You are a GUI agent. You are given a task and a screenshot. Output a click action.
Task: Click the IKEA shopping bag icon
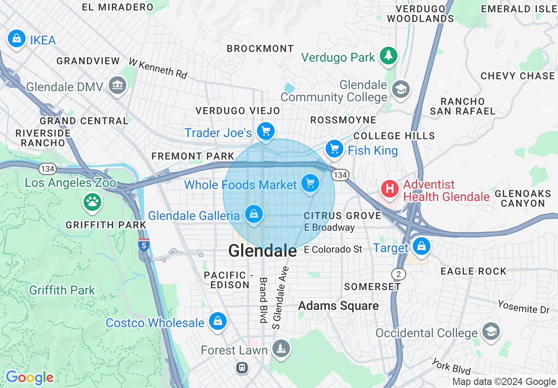tap(16, 39)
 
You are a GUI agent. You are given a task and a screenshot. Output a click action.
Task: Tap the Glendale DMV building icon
tap(117, 84)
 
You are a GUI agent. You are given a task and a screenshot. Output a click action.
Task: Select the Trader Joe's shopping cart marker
tap(265, 131)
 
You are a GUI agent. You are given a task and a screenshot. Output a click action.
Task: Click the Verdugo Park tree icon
tap(388, 56)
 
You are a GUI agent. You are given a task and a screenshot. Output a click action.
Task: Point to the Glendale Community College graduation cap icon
tap(400, 90)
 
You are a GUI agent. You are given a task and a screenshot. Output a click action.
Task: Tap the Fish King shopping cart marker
tap(335, 149)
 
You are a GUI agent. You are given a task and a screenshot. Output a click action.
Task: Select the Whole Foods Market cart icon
tap(310, 183)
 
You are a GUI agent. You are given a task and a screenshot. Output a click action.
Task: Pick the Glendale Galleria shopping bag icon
tap(254, 214)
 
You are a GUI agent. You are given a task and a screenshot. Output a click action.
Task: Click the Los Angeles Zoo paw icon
tap(92, 201)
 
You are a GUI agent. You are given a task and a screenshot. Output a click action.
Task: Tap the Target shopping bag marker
tap(421, 246)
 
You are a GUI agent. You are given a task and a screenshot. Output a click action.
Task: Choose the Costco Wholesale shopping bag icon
tap(217, 321)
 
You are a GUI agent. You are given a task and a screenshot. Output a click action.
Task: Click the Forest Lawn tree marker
tap(280, 349)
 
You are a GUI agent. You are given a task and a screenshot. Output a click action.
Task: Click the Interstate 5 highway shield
tap(143, 245)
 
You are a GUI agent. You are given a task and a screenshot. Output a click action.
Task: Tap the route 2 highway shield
tap(398, 274)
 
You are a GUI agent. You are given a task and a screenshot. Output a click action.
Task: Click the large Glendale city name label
tap(262, 251)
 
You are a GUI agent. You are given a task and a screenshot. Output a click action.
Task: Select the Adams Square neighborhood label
tap(338, 306)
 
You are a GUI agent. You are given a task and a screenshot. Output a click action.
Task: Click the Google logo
tap(29, 377)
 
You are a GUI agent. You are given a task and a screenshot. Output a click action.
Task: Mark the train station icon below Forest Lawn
tap(242, 367)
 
